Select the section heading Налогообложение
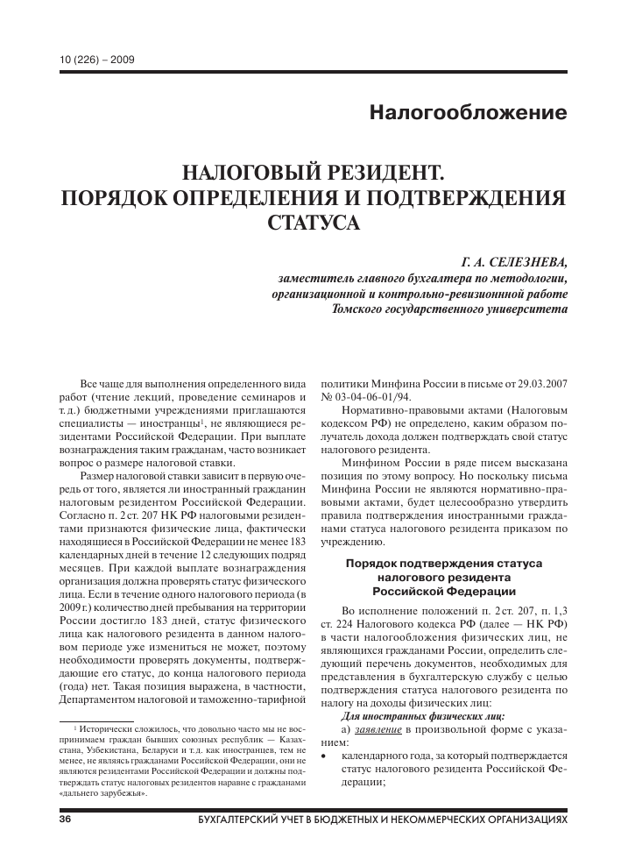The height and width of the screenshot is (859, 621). point(469,112)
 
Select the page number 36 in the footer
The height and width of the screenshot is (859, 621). point(64,819)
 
